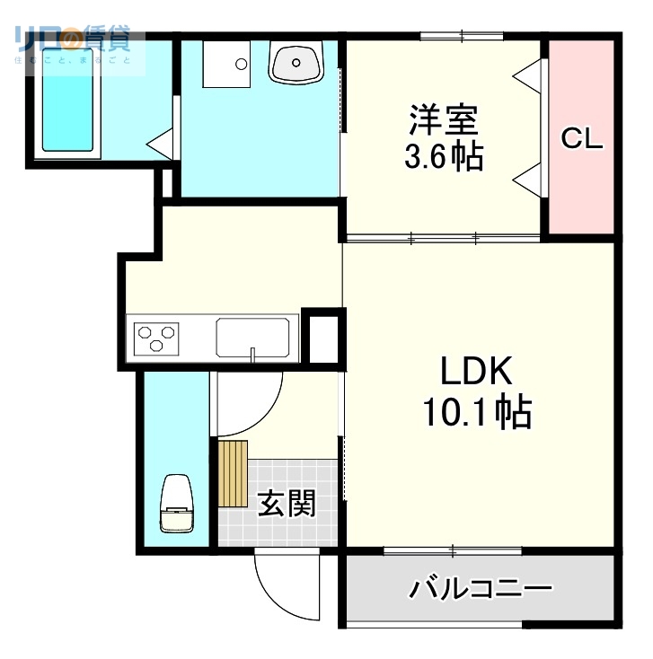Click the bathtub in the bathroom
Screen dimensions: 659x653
tap(67, 106)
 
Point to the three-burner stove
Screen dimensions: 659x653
tap(155, 339)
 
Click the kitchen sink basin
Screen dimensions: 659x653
tap(252, 338)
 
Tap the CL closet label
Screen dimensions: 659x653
tap(582, 139)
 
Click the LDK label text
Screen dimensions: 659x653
tap(475, 371)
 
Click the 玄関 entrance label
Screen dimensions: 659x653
tap(287, 503)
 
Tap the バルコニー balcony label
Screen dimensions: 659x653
tap(481, 590)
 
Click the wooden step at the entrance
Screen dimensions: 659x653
tap(232, 474)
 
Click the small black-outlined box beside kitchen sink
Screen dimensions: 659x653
tap(322, 338)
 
